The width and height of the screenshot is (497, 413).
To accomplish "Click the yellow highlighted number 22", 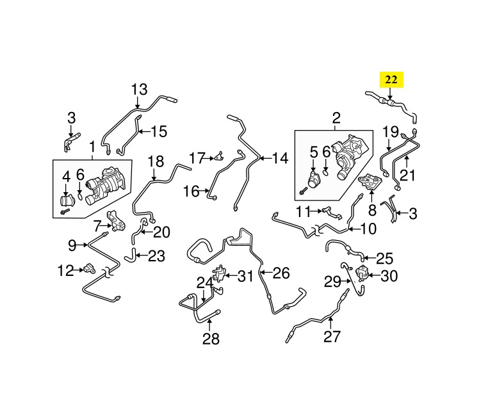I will [391, 79].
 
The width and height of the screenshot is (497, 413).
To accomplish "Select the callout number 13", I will [139, 89].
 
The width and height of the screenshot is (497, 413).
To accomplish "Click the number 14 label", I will [279, 158].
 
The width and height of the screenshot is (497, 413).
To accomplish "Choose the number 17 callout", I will [197, 157].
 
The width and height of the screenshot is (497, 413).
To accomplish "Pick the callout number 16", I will [191, 191].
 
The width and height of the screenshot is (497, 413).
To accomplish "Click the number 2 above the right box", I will [336, 117].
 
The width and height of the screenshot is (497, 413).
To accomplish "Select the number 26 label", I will [281, 273].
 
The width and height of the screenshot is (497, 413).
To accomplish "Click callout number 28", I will [211, 339].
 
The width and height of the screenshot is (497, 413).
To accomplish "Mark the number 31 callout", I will [245, 276].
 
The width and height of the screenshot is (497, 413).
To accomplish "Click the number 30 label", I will [389, 276].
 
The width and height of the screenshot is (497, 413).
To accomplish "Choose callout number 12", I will [66, 271].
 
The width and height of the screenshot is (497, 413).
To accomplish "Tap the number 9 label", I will [72, 244].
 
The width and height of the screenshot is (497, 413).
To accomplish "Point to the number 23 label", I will [156, 256].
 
